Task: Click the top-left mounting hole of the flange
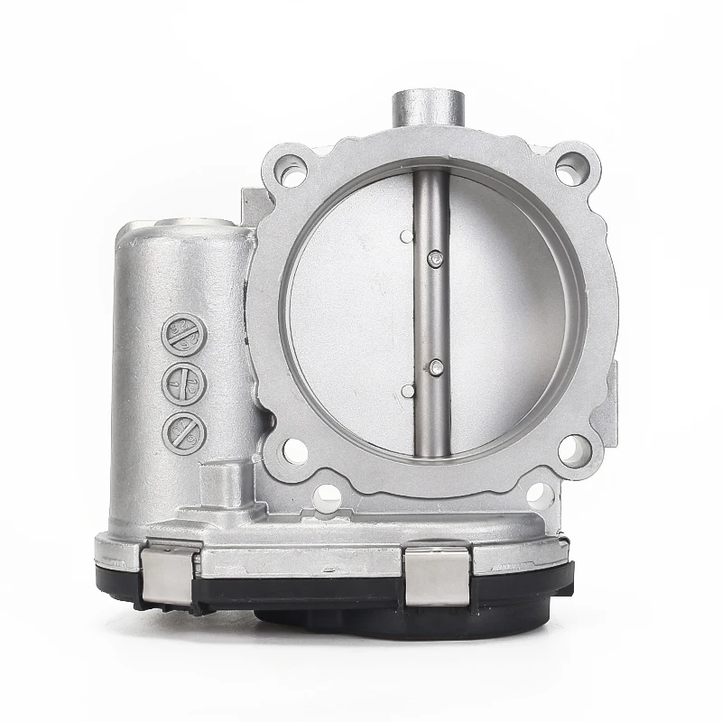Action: (x=292, y=171)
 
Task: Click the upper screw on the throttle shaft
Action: (x=437, y=260)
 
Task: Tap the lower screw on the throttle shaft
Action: (x=437, y=367)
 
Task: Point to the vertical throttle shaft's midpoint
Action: (x=432, y=311)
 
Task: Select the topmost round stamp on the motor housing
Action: (x=184, y=334)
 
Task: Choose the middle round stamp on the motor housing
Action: (x=184, y=384)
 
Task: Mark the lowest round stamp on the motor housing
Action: (x=184, y=433)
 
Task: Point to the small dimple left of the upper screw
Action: (x=407, y=236)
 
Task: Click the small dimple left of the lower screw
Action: (x=407, y=391)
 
